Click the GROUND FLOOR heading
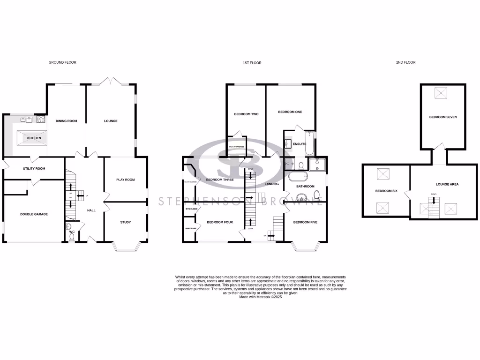tap(62, 62)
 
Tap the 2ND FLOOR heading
tap(405, 62)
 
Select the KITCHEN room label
tap(34, 138)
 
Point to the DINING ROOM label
tap(66, 121)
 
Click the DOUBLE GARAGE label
tap(34, 214)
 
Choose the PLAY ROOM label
tap(125, 180)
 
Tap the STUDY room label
tap(125, 222)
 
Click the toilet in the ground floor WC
tap(72, 238)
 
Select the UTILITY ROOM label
tap(34, 168)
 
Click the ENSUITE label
tap(300, 144)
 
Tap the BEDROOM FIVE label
tap(305, 222)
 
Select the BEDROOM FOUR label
tap(220, 222)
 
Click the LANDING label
tap(272, 184)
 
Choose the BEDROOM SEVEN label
tap(442, 117)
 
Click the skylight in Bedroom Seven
tap(441, 93)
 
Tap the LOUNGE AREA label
tap(447, 185)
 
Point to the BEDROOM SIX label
tap(387, 191)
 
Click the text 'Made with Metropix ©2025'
tap(260, 297)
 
